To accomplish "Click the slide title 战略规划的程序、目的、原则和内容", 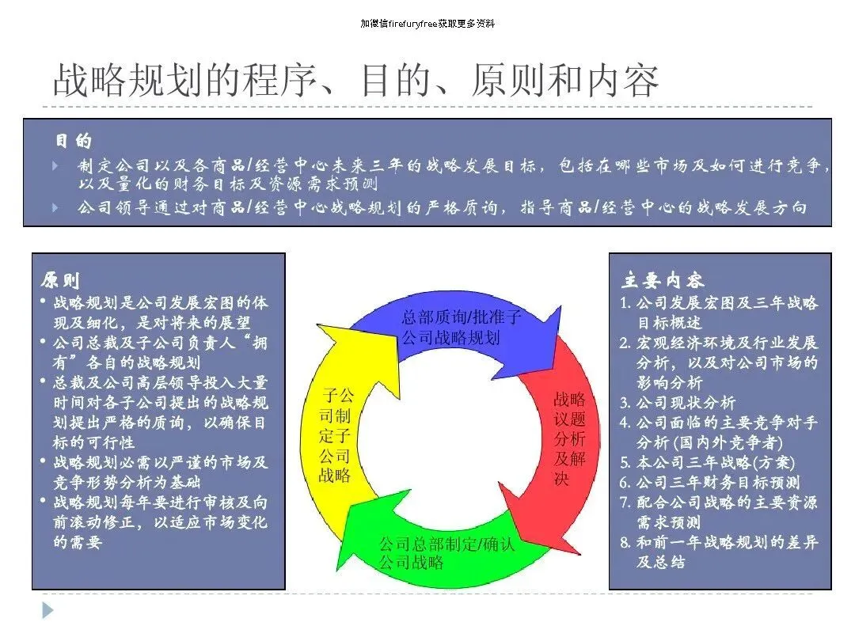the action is [x=355, y=80].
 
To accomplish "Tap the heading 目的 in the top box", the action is [x=73, y=142].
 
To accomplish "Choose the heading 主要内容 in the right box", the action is [x=662, y=280].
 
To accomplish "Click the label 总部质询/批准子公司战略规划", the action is [x=461, y=328].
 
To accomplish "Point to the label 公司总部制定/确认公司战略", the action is [x=446, y=553].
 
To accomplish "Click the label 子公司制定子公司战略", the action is [x=336, y=435].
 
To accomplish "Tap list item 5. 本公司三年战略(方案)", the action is [x=707, y=462].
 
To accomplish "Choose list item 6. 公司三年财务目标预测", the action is [x=709, y=482].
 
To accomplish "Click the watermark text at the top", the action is [x=427, y=24].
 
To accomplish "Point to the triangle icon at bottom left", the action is [x=48, y=610].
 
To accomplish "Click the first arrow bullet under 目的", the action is [x=55, y=166].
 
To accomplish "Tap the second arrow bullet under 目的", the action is [x=55, y=207].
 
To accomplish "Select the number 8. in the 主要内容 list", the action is [x=625, y=542].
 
